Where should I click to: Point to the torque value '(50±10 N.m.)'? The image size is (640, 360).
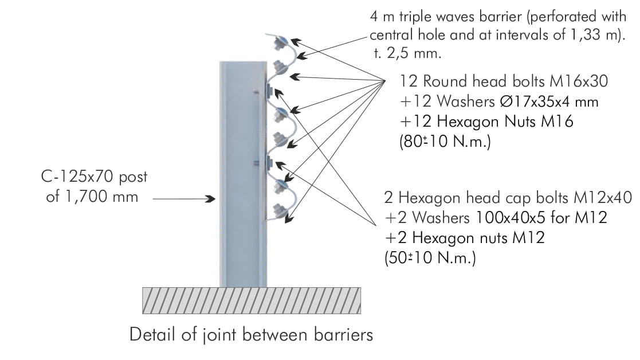[x=430, y=257]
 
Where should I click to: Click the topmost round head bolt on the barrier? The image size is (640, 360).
[x=281, y=42]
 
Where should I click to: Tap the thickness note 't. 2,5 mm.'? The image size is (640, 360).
[x=408, y=54]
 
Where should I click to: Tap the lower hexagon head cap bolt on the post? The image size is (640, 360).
[x=269, y=163]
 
